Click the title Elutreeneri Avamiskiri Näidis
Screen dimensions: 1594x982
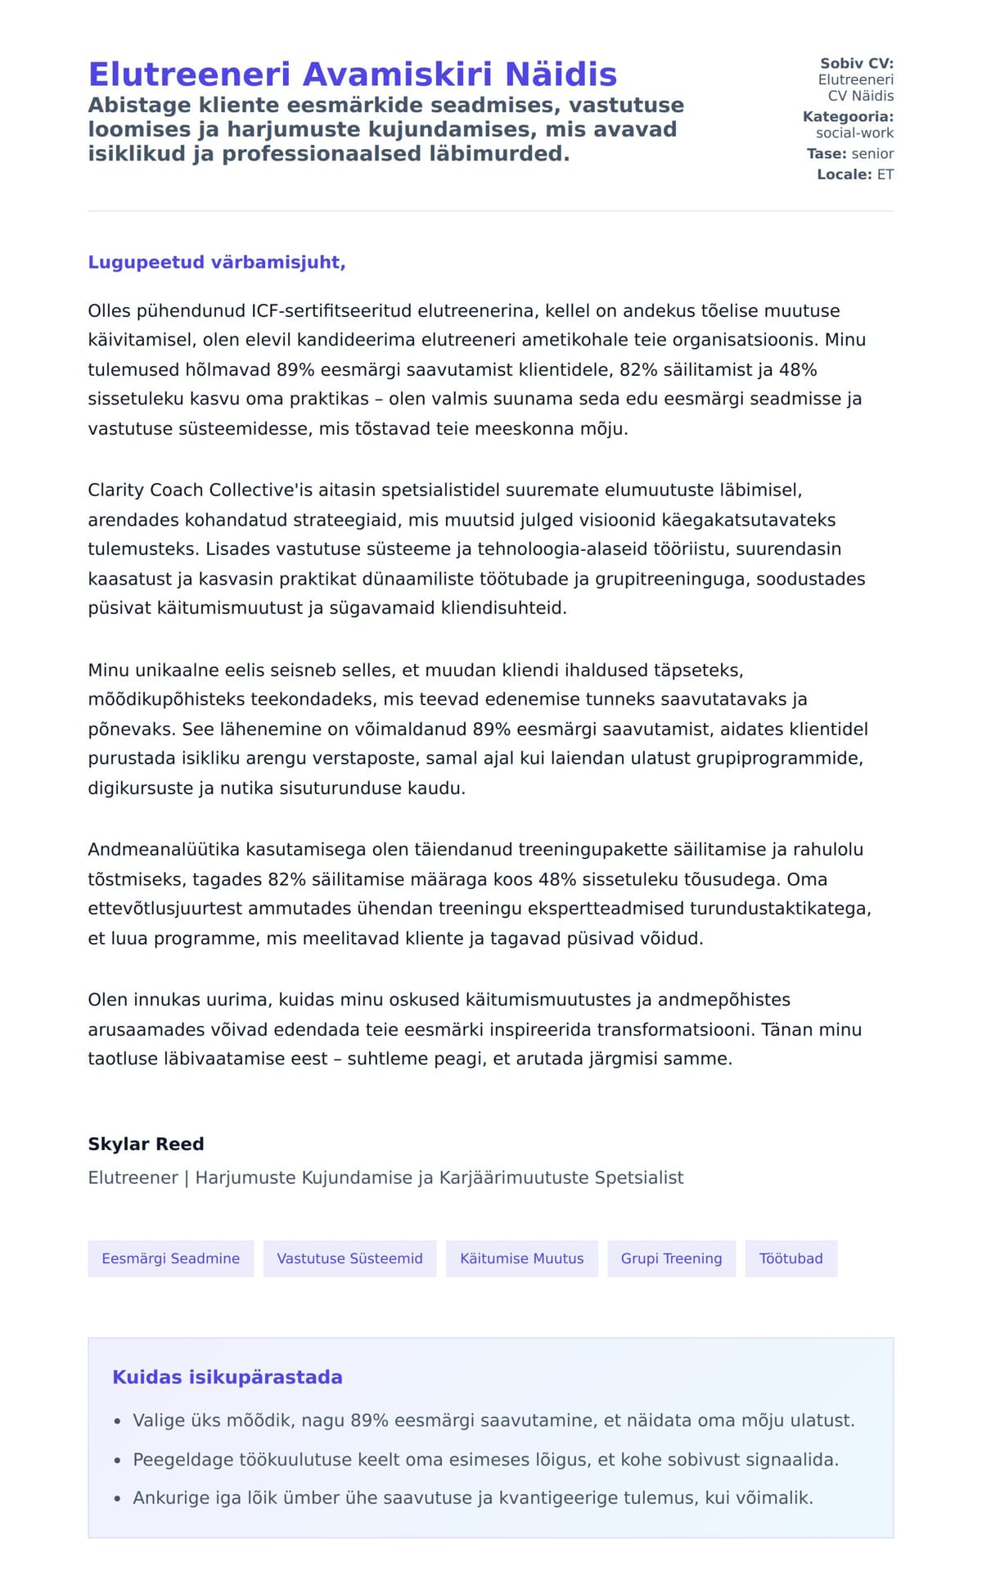[x=352, y=75]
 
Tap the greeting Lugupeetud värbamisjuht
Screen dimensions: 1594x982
[x=217, y=262]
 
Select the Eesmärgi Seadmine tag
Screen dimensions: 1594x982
[x=170, y=1258]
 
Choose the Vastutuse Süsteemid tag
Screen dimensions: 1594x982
[x=349, y=1258]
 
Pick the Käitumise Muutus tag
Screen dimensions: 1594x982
[x=521, y=1258]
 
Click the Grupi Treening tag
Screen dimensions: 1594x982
[x=671, y=1258]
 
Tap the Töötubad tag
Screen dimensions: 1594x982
[x=791, y=1258]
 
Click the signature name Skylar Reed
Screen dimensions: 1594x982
[x=146, y=1144]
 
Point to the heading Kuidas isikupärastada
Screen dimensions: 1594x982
[x=227, y=1377]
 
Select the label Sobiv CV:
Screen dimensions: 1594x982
[x=857, y=63]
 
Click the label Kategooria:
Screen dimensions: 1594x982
[x=848, y=117]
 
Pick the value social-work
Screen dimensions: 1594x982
[x=854, y=133]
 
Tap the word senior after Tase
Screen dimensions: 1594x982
[x=872, y=154]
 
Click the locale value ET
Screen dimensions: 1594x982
[x=885, y=174]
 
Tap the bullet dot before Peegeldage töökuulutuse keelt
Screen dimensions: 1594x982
[x=118, y=1461]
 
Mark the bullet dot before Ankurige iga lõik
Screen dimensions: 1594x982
[x=118, y=1499]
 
